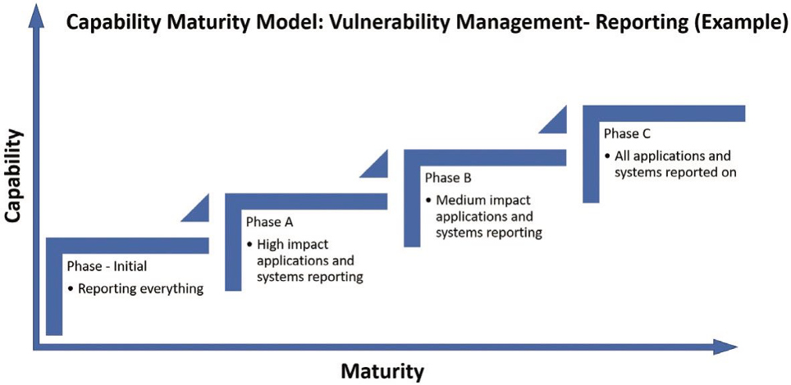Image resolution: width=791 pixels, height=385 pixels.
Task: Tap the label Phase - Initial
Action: [107, 266]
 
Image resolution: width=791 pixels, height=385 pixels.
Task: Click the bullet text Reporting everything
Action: [141, 289]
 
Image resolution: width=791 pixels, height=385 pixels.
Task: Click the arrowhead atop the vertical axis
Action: [35, 18]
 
